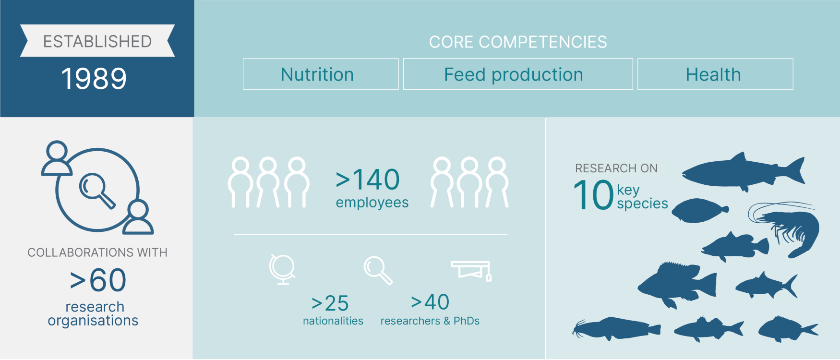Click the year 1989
tap(94, 79)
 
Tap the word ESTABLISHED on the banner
tap(97, 41)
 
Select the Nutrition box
tap(321, 74)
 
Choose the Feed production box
tap(518, 74)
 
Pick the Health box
tap(715, 74)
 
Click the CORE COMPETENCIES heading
tap(518, 42)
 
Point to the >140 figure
tap(368, 180)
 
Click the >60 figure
tap(98, 280)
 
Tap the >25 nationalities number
tap(330, 303)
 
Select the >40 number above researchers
tap(430, 302)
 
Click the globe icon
tap(282, 269)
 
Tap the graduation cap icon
tap(471, 270)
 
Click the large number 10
tap(594, 195)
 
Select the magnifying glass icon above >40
tap(378, 270)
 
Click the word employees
tap(372, 203)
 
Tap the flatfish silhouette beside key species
tap(700, 211)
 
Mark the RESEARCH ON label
tap(616, 168)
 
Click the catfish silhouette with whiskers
tap(616, 329)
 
